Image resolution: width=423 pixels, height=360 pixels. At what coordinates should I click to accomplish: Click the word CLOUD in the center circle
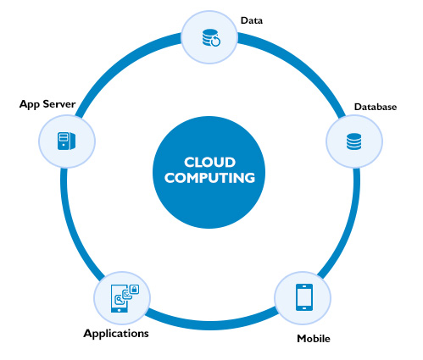pyautogui.click(x=209, y=163)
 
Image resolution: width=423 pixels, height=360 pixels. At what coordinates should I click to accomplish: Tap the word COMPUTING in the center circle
pyautogui.click(x=209, y=178)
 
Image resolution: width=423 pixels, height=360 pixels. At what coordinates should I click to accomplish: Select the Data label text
pyautogui.click(x=252, y=20)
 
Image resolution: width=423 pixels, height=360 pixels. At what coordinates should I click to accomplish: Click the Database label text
pyautogui.click(x=376, y=107)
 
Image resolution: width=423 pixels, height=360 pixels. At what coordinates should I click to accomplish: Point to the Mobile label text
pyautogui.click(x=314, y=338)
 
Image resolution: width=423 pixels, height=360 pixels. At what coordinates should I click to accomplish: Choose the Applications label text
pyautogui.click(x=116, y=334)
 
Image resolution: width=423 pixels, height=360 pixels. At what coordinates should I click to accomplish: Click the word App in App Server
pyautogui.click(x=30, y=104)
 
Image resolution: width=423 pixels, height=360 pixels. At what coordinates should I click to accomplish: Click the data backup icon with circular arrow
pyautogui.click(x=211, y=37)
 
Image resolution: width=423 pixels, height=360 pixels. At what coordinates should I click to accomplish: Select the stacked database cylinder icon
pyautogui.click(x=353, y=141)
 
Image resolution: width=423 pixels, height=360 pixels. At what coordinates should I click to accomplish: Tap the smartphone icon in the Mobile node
pyautogui.click(x=304, y=297)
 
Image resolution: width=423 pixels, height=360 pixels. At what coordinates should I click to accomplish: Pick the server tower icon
pyautogui.click(x=66, y=141)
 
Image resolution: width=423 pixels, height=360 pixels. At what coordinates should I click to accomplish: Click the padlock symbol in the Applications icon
pyautogui.click(x=134, y=289)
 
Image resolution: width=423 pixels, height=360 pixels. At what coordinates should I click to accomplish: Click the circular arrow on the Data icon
pyautogui.click(x=215, y=42)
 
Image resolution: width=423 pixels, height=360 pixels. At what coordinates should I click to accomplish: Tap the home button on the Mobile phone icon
pyautogui.click(x=304, y=307)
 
